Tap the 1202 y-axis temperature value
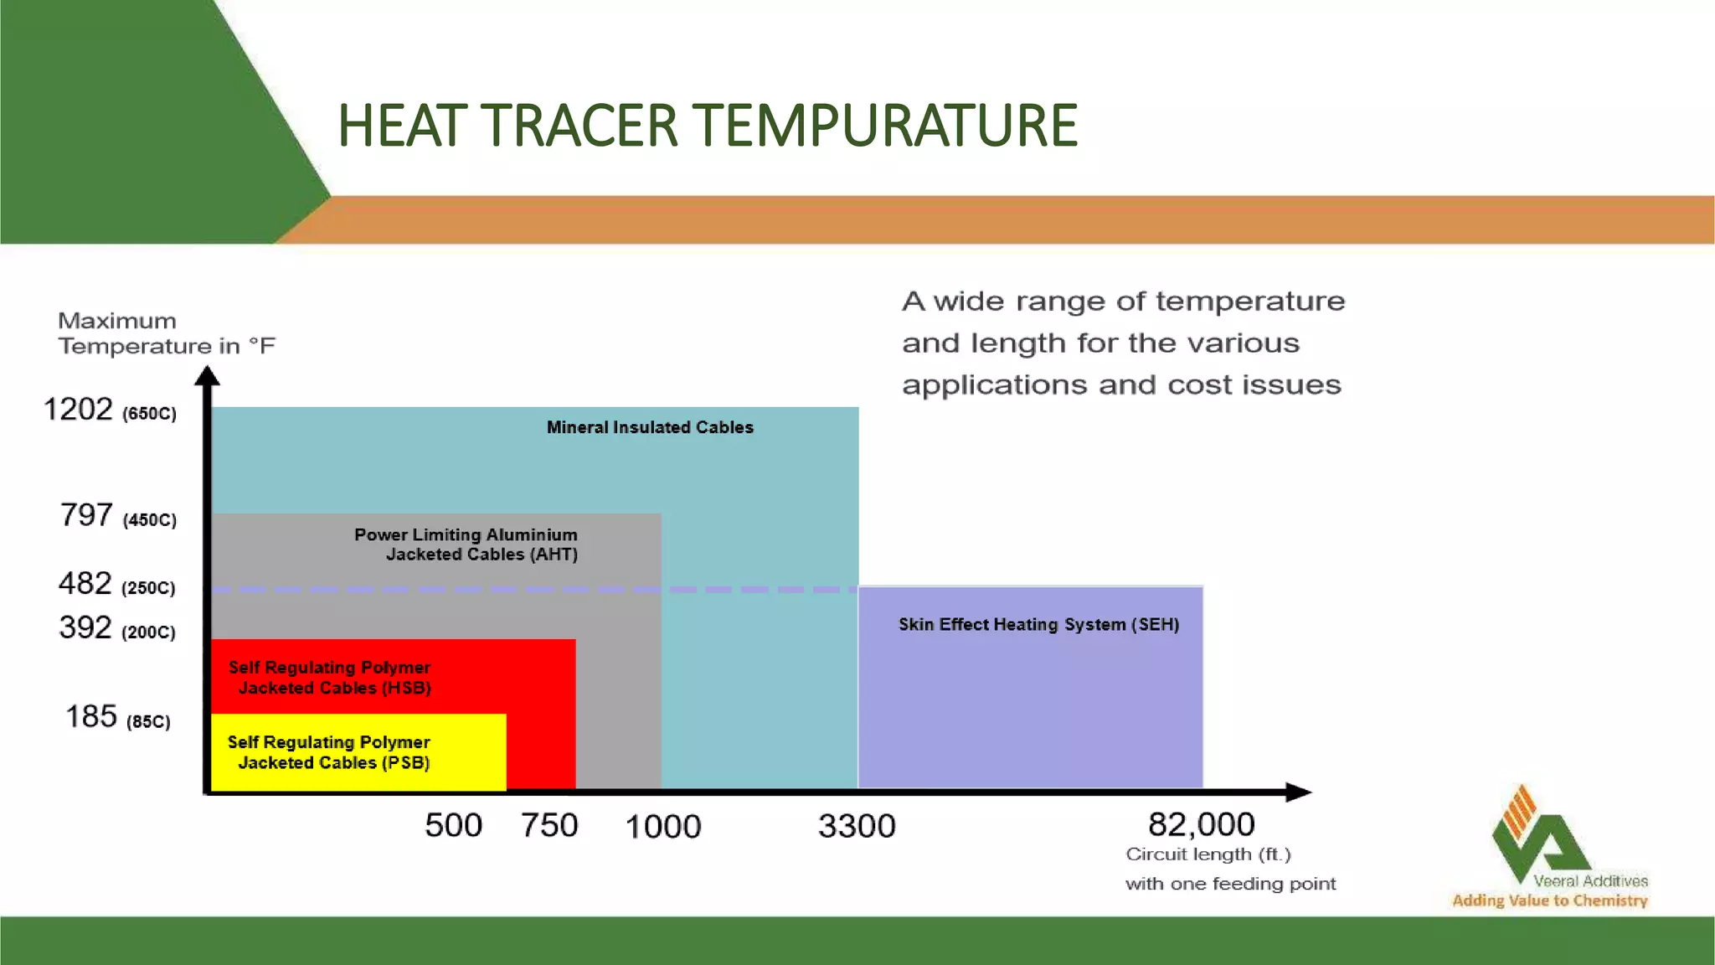(x=78, y=410)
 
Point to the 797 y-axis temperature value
(x=86, y=515)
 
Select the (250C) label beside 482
(x=148, y=588)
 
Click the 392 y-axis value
(x=85, y=627)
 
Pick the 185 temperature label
(x=91, y=717)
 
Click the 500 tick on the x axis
(x=453, y=826)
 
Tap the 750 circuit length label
(x=549, y=826)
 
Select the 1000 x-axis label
(x=662, y=827)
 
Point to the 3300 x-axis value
(x=857, y=827)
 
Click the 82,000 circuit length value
(x=1201, y=824)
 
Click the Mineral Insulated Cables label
(x=650, y=427)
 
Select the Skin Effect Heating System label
(x=1038, y=624)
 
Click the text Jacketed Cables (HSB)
(x=334, y=688)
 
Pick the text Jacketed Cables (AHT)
(x=482, y=555)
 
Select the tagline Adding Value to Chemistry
(x=1549, y=900)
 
